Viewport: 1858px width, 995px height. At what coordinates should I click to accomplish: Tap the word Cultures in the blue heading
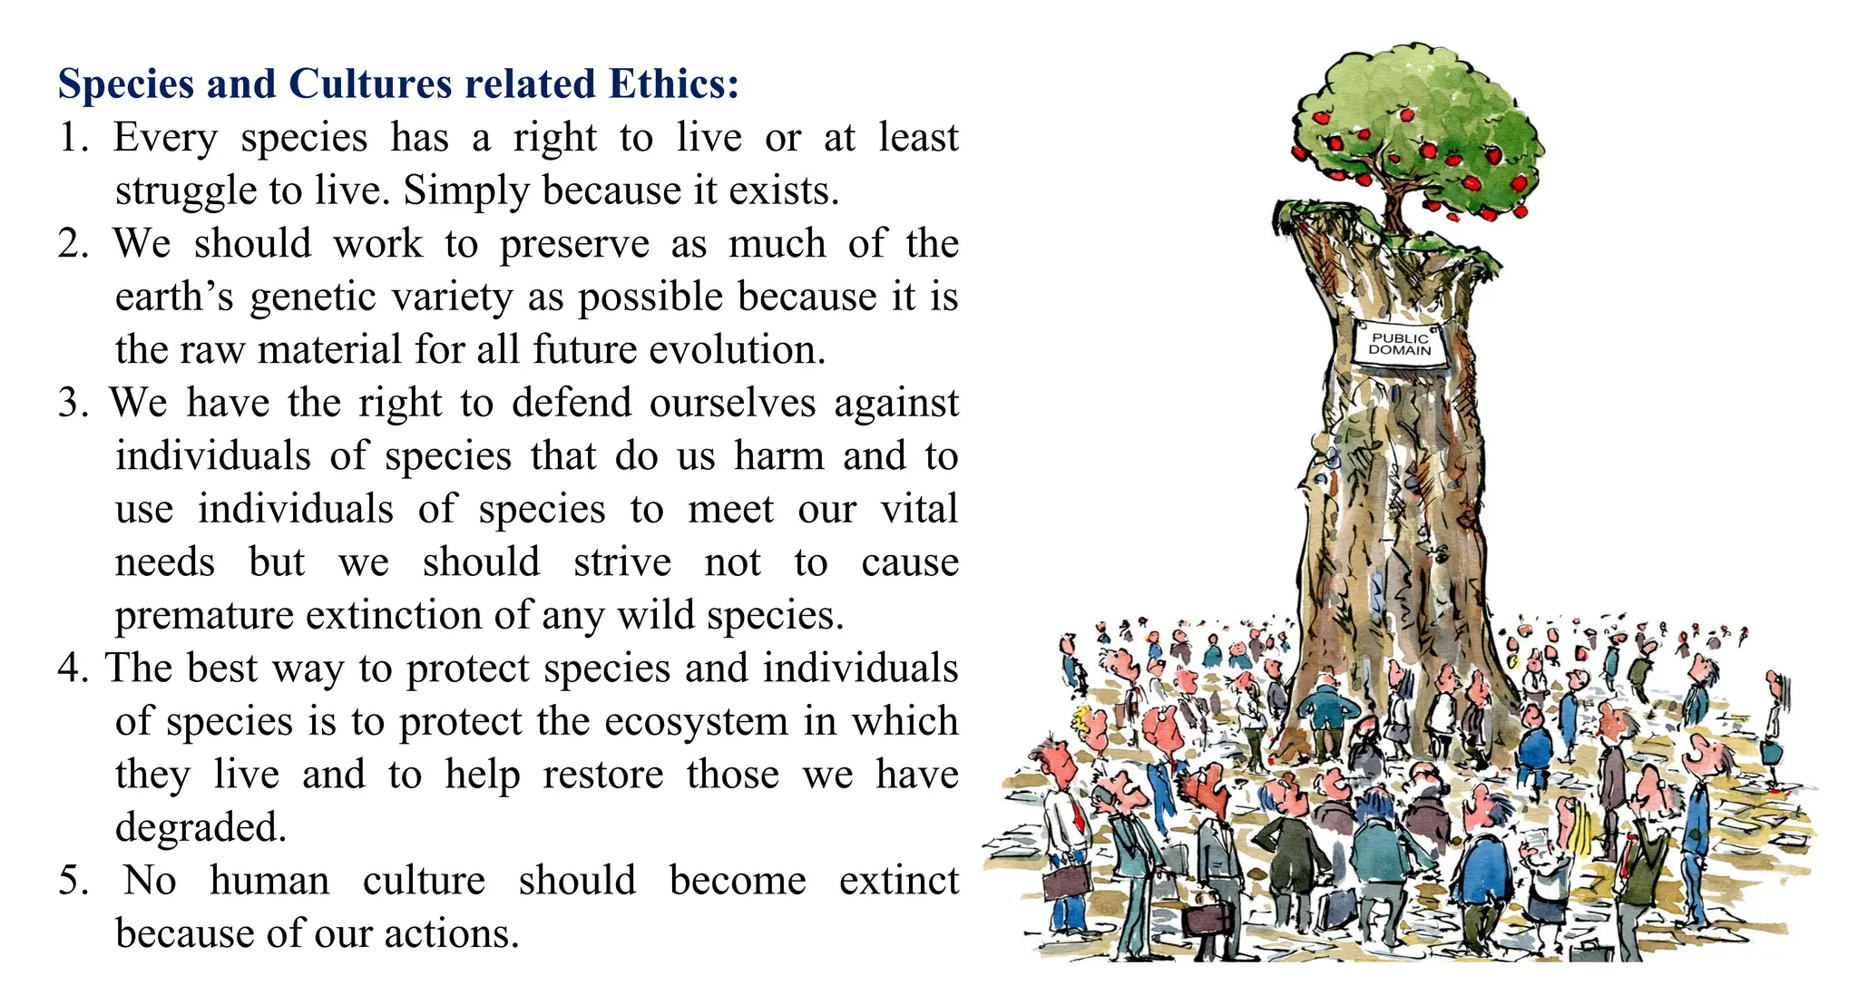370,83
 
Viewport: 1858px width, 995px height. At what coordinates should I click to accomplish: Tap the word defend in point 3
572,403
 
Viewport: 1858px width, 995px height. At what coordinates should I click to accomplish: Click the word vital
919,509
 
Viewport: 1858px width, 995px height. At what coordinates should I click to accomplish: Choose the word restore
603,776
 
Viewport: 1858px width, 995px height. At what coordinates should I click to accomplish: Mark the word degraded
200,827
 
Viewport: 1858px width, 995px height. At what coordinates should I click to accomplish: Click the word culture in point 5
424,881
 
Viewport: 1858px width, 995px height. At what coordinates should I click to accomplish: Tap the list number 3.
73,403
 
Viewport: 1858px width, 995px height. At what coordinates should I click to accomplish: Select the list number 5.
73,881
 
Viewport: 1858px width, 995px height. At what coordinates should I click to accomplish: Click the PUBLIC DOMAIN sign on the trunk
1399,344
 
